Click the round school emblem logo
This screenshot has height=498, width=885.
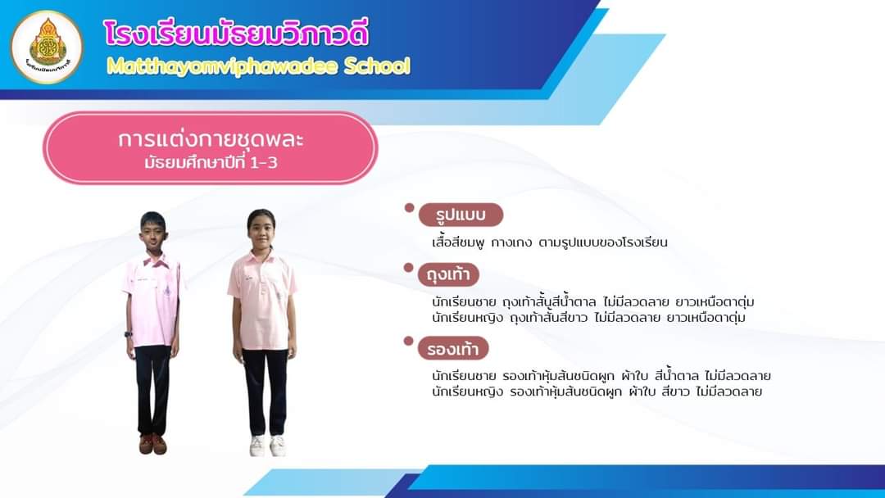click(x=47, y=47)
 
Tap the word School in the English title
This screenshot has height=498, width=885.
click(x=377, y=66)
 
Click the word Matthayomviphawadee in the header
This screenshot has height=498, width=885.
click(x=223, y=67)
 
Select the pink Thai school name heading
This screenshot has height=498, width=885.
click(x=236, y=34)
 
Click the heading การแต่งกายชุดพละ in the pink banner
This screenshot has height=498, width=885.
click(x=211, y=138)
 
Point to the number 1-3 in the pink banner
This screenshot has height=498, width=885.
click(x=263, y=163)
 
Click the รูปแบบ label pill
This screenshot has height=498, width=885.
click(x=461, y=215)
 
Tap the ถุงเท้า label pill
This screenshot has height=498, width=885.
click(x=448, y=274)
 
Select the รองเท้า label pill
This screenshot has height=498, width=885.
click(x=452, y=349)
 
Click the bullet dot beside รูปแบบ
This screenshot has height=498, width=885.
click(x=409, y=207)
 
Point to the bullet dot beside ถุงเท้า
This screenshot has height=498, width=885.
click(x=409, y=267)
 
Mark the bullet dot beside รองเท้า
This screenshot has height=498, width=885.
click(x=409, y=341)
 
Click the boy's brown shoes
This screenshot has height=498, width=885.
click(x=152, y=444)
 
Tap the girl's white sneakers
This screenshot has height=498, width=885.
click(x=267, y=446)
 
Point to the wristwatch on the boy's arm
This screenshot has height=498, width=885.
click(x=129, y=334)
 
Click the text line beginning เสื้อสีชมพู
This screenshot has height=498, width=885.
click(x=549, y=242)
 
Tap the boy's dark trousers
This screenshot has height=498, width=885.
click(x=152, y=390)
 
